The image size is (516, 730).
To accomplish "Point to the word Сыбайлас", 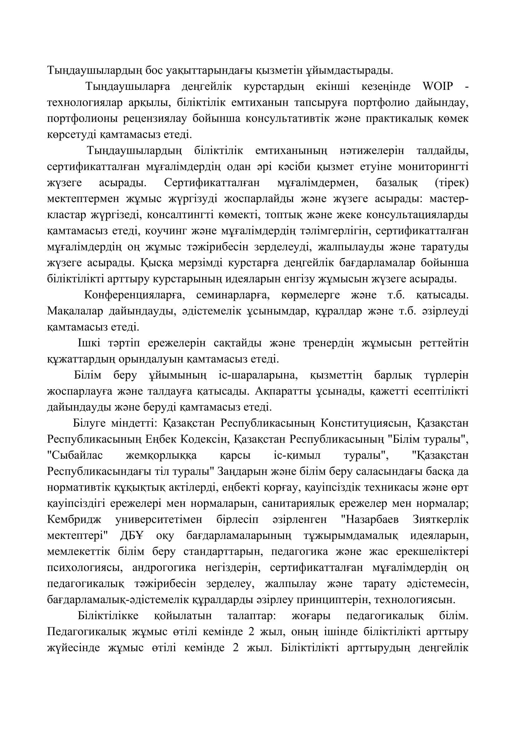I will click(x=75, y=456).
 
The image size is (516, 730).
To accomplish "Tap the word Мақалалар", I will click(x=75, y=311).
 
